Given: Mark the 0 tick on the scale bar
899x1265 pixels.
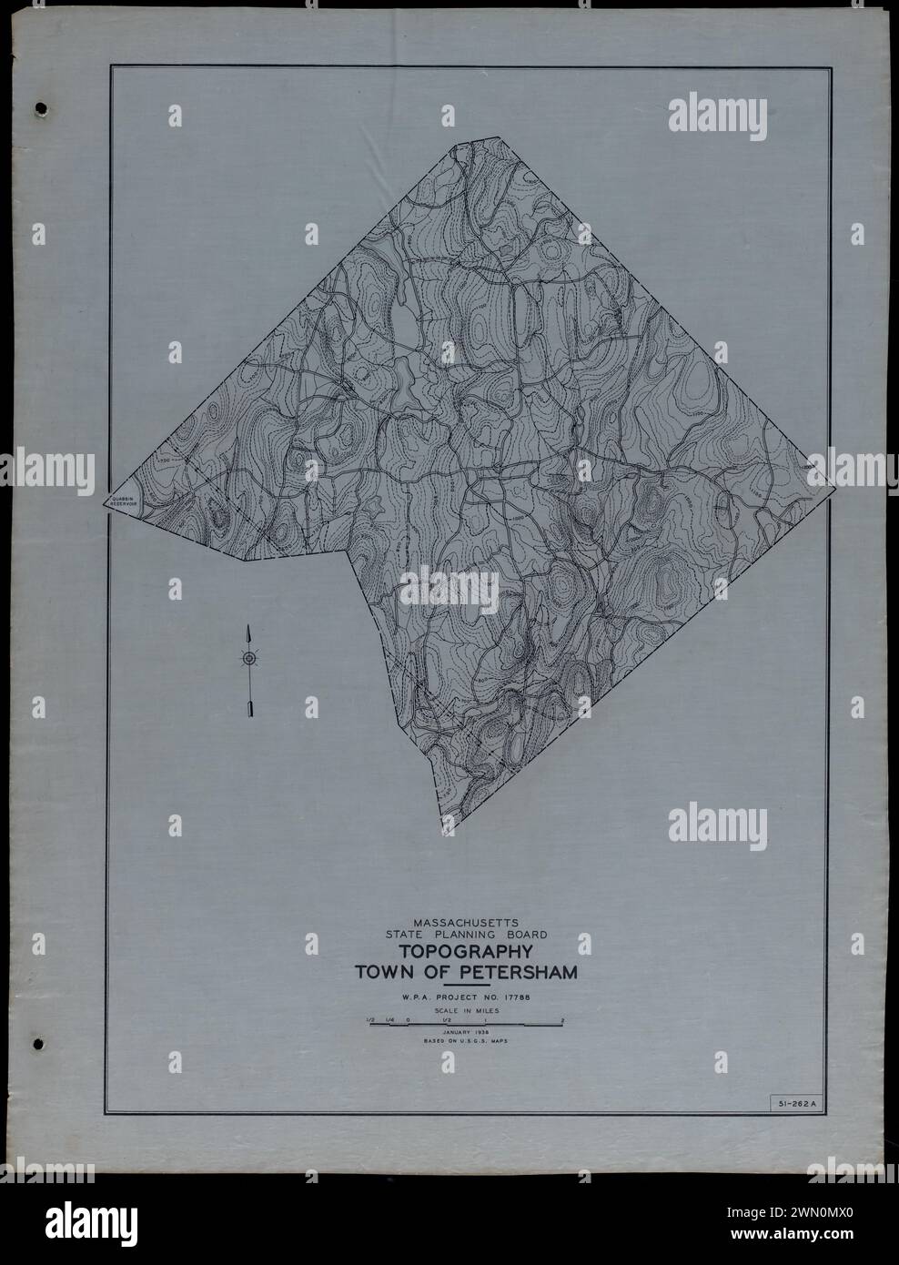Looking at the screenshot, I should point(409,1019).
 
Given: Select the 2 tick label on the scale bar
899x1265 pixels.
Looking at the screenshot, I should point(563,1019).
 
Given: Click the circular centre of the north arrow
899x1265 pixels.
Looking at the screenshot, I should point(247,658).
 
